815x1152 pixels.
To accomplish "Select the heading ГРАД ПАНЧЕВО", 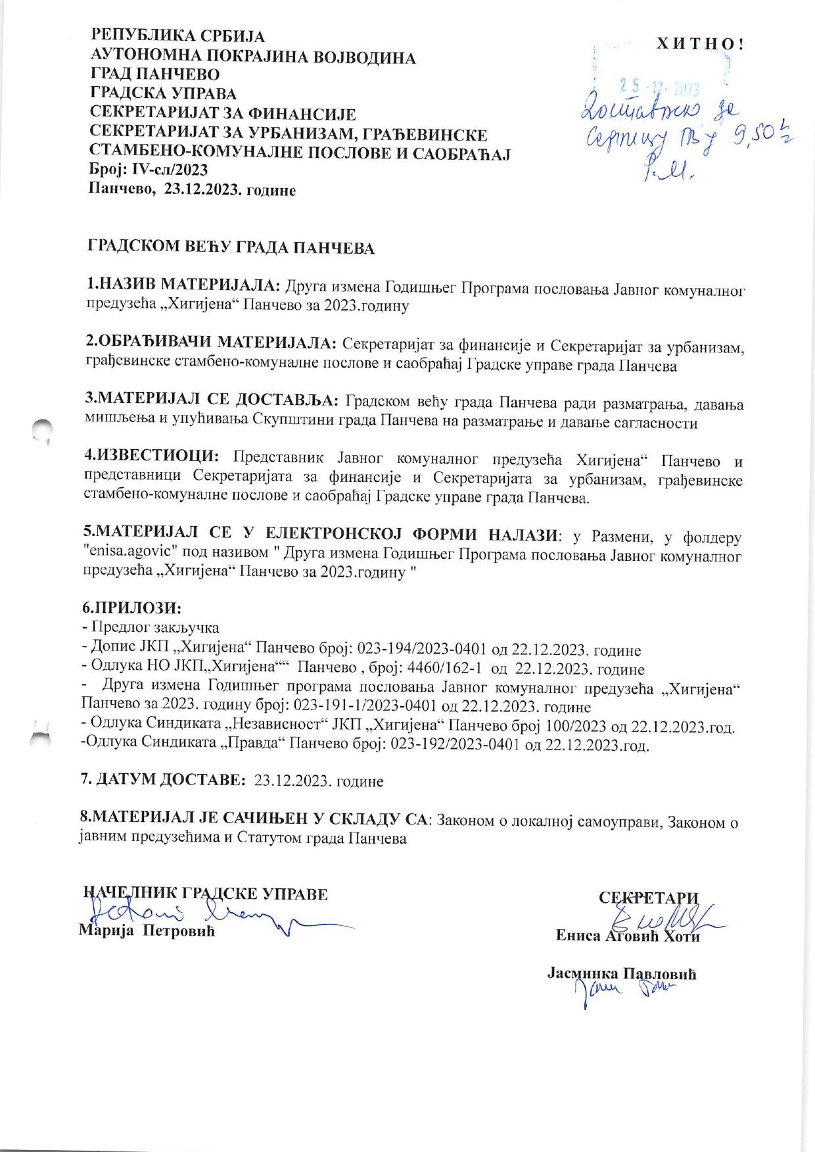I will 154,74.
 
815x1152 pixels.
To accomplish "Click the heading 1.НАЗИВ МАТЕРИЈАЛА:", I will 183,285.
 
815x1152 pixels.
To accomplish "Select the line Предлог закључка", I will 156,627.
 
